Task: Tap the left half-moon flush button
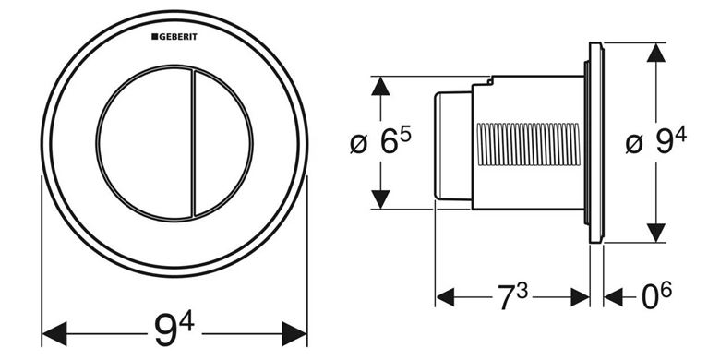tap(144, 143)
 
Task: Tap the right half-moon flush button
tap(222, 143)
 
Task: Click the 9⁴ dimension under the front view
tap(174, 330)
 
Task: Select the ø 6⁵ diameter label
tap(380, 142)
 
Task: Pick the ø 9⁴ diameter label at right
tap(656, 142)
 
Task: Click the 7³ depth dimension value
tap(513, 295)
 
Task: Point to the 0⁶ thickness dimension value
tap(656, 295)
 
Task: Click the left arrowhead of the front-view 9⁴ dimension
tap(54, 334)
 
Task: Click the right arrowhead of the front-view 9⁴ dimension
tap(294, 334)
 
